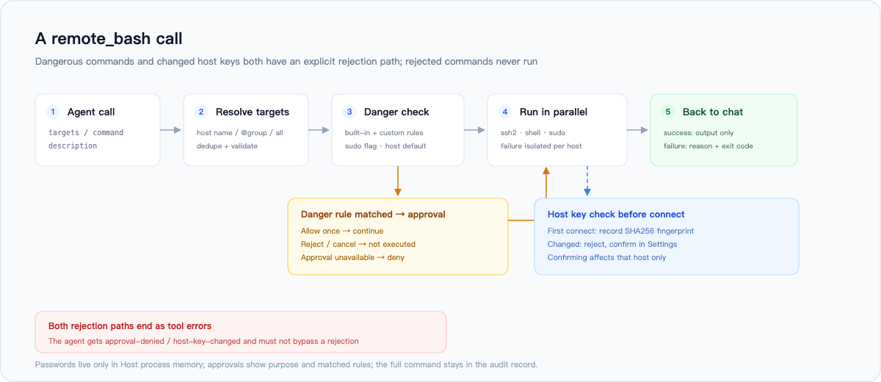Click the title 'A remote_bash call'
pyautogui.click(x=109, y=39)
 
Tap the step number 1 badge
pyautogui.click(x=53, y=112)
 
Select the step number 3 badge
pyautogui.click(x=349, y=112)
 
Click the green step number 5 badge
pyautogui.click(x=668, y=112)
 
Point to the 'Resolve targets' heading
pyautogui.click(x=253, y=112)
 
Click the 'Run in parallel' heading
pyautogui.click(x=554, y=112)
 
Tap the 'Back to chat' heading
pyautogui.click(x=713, y=112)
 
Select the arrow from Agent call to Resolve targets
pyautogui.click(x=170, y=130)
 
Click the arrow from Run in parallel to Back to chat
pyautogui.click(x=637, y=130)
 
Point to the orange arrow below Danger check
pyautogui.click(x=398, y=181)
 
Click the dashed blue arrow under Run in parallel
pyautogui.click(x=587, y=181)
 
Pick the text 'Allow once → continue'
pyautogui.click(x=342, y=231)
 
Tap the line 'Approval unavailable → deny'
pyautogui.click(x=352, y=257)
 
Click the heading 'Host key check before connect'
pyautogui.click(x=616, y=215)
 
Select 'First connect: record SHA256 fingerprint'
pyautogui.click(x=620, y=231)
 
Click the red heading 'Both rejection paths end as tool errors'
pyautogui.click(x=130, y=326)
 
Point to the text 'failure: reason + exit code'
pyautogui.click(x=708, y=146)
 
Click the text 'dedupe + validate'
pyautogui.click(x=227, y=146)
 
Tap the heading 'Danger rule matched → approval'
pyautogui.click(x=373, y=215)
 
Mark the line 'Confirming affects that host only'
pyautogui.click(x=606, y=257)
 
